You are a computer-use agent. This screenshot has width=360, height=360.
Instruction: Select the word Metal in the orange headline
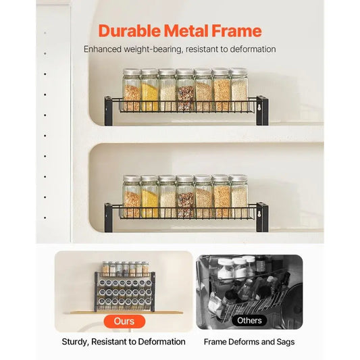point(187,31)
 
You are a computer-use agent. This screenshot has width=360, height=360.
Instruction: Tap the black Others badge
point(249,321)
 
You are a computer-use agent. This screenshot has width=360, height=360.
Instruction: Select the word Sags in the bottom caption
point(284,342)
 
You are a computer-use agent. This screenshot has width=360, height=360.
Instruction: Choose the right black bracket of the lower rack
point(262,214)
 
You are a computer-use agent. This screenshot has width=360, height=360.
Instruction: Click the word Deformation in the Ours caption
point(159,342)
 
